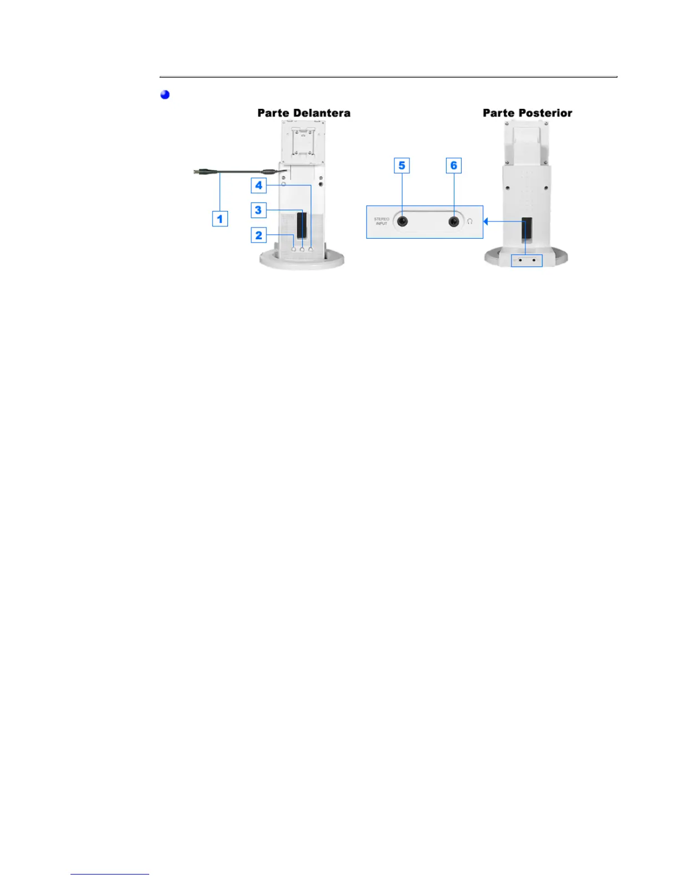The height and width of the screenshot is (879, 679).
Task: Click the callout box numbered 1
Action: click(x=220, y=219)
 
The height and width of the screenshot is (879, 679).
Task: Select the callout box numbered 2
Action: click(x=259, y=235)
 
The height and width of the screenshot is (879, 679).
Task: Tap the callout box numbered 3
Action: click(x=259, y=210)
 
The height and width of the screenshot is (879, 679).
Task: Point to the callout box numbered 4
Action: click(x=259, y=185)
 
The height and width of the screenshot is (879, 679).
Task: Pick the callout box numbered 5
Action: click(x=402, y=165)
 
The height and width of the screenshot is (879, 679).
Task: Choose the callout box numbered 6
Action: click(x=454, y=165)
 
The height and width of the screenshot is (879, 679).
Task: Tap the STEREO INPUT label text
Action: click(x=382, y=221)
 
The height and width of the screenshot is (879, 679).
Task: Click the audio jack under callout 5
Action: click(x=402, y=221)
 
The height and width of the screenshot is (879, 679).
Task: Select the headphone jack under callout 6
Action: click(x=454, y=221)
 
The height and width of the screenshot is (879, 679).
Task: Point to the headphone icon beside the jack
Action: click(x=470, y=221)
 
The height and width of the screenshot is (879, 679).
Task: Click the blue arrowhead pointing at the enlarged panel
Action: click(x=486, y=221)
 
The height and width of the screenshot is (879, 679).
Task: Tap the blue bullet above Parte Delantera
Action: click(x=165, y=94)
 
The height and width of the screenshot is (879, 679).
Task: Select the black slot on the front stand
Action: click(x=302, y=225)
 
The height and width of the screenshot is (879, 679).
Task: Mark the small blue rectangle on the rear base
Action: click(x=526, y=259)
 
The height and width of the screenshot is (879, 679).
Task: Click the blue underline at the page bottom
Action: click(x=110, y=874)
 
